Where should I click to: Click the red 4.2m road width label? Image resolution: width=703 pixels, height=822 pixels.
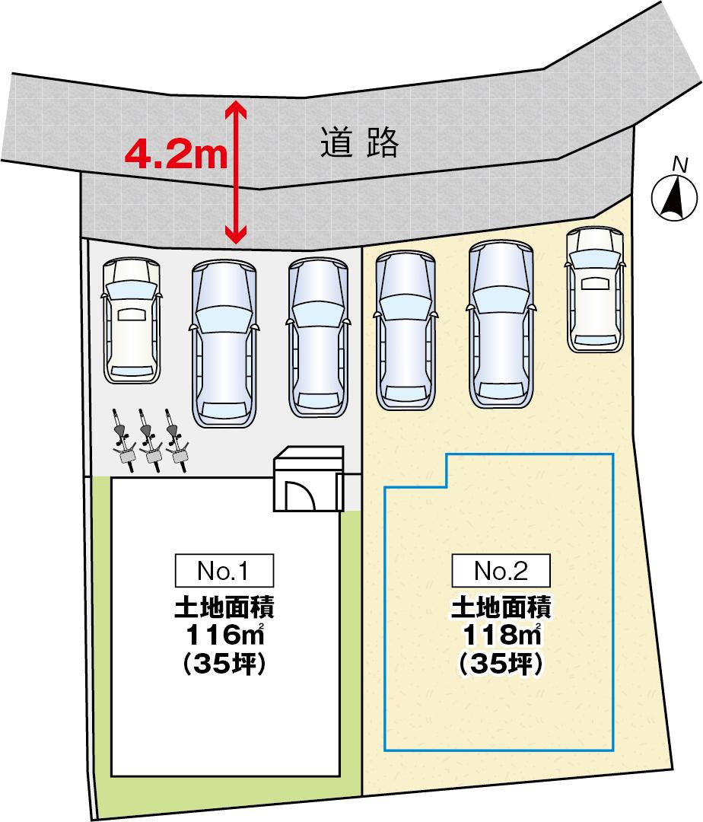pos(176,155)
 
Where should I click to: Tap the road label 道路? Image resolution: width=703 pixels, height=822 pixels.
pos(359,142)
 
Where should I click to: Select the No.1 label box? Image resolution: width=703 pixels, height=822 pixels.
pos(224,569)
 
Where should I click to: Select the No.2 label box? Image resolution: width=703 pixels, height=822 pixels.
pos(500,569)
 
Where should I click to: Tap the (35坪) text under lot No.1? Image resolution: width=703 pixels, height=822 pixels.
pos(224,664)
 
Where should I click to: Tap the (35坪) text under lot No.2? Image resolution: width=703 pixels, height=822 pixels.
pos(500,664)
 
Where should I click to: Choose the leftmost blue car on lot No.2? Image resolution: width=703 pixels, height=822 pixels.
pos(406,328)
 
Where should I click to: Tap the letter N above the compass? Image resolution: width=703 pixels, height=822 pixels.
pos(679,163)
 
